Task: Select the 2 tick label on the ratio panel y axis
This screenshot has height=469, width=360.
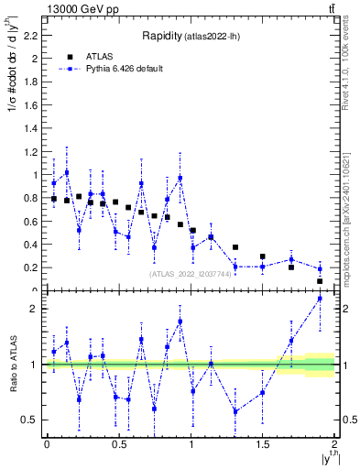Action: pos(36,309)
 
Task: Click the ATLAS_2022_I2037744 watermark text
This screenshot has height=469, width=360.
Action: pos(190,273)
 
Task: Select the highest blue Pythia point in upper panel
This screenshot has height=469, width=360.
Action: pos(67,172)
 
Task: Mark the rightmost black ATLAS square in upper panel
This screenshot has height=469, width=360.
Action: pos(320,281)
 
